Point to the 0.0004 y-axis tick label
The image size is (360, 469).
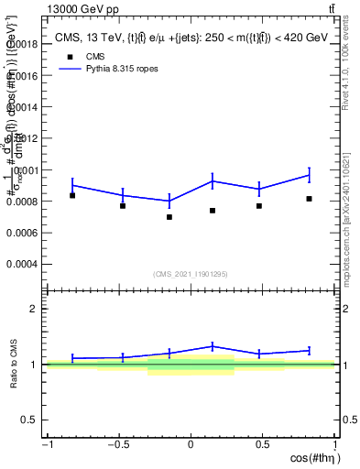(x=24, y=264)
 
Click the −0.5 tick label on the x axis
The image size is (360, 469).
(x=117, y=445)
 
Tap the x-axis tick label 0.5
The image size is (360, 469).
(x=263, y=445)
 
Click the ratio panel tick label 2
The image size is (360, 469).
(x=34, y=309)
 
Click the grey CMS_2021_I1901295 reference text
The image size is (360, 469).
(x=191, y=274)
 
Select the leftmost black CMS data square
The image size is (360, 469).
(x=72, y=195)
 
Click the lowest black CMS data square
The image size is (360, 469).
(x=169, y=217)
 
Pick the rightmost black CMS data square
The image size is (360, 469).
(x=310, y=199)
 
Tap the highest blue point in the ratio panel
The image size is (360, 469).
(x=213, y=346)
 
